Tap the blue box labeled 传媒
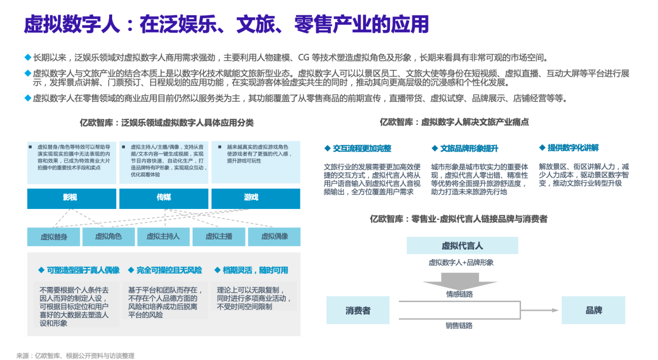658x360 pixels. pyautogui.click(x=163, y=198)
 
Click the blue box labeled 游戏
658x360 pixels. pyautogui.click(x=255, y=198)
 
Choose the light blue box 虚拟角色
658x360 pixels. pyautogui.click(x=108, y=236)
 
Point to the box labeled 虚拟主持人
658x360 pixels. pyautogui.click(x=163, y=236)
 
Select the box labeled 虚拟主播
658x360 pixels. pyautogui.click(x=219, y=236)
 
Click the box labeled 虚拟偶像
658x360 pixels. pyautogui.click(x=274, y=236)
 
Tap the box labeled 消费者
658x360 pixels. pyautogui.click(x=358, y=310)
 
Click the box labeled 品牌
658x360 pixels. pyautogui.click(x=593, y=310)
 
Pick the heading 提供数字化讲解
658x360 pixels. pyautogui.click(x=572, y=148)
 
